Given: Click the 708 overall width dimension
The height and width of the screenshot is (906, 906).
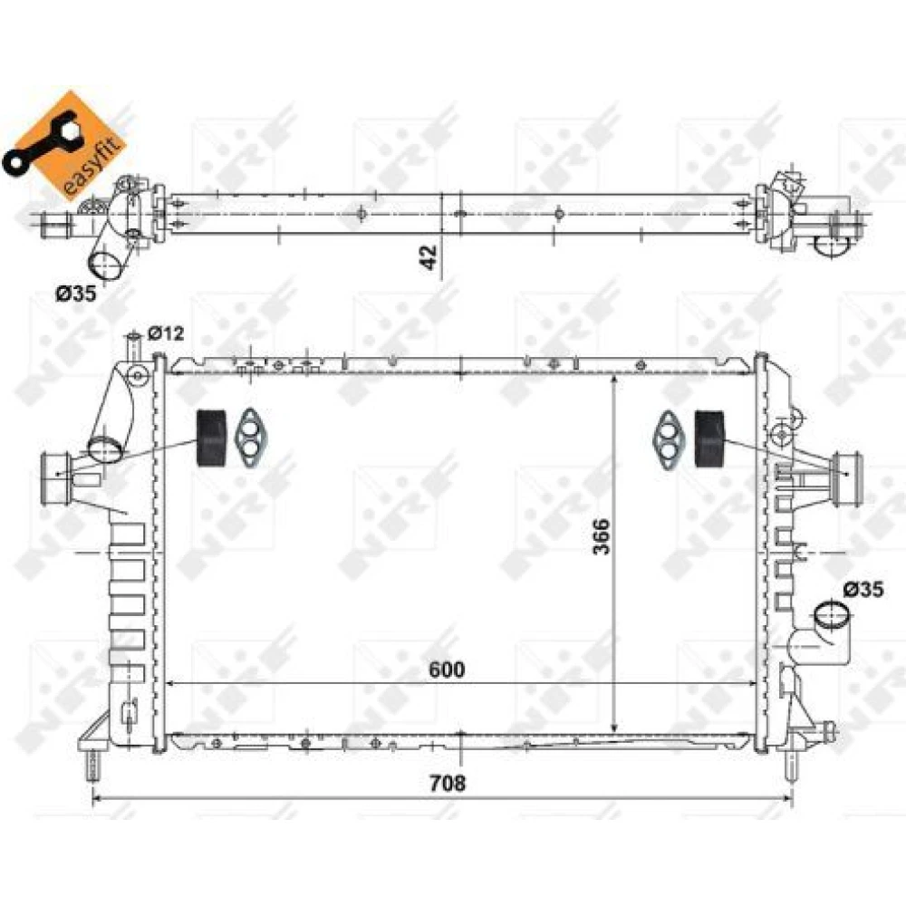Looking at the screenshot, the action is coord(448,783).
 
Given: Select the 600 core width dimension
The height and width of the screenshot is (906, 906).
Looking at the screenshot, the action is coord(447,670).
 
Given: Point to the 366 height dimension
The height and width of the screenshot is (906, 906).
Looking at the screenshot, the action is coord(602,536).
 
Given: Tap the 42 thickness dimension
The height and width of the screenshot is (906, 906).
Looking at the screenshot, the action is coord(429,256).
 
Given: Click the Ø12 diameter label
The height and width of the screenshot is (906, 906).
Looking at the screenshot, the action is coord(166,333).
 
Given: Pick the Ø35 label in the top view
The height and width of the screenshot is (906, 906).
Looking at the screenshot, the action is coord(76,294).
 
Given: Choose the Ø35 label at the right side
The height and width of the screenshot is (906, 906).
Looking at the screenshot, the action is coord(863,590).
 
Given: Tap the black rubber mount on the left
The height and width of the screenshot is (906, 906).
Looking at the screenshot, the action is coord(211,438).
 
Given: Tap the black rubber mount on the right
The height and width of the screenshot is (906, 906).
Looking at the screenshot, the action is coord(709,438).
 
